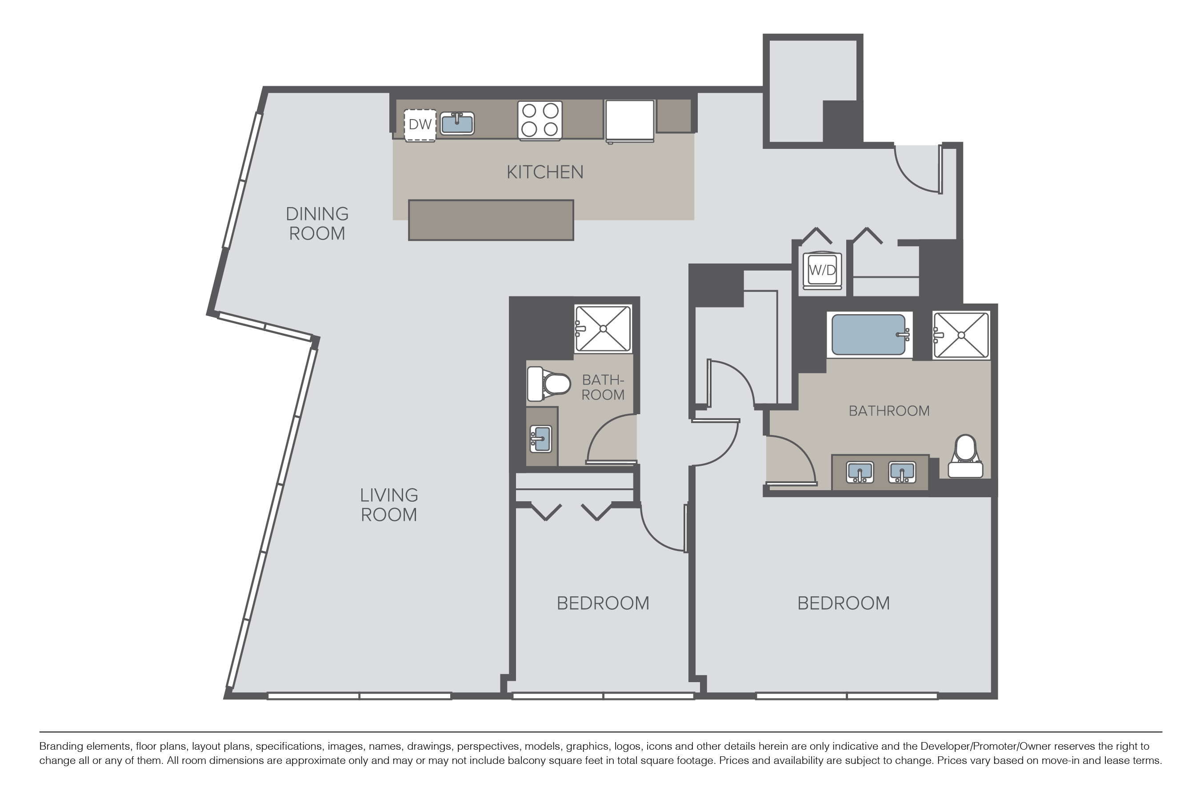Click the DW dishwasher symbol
[420, 125]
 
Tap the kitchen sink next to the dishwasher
[457, 124]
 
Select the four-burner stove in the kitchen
[540, 120]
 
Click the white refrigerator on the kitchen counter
[630, 121]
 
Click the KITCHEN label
[545, 172]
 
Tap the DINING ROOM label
[317, 223]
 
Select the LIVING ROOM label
[389, 505]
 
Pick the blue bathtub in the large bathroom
[868, 335]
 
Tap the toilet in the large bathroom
[965, 456]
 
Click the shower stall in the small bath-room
[603, 329]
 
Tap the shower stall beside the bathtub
[961, 336]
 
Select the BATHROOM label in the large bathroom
[889, 411]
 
